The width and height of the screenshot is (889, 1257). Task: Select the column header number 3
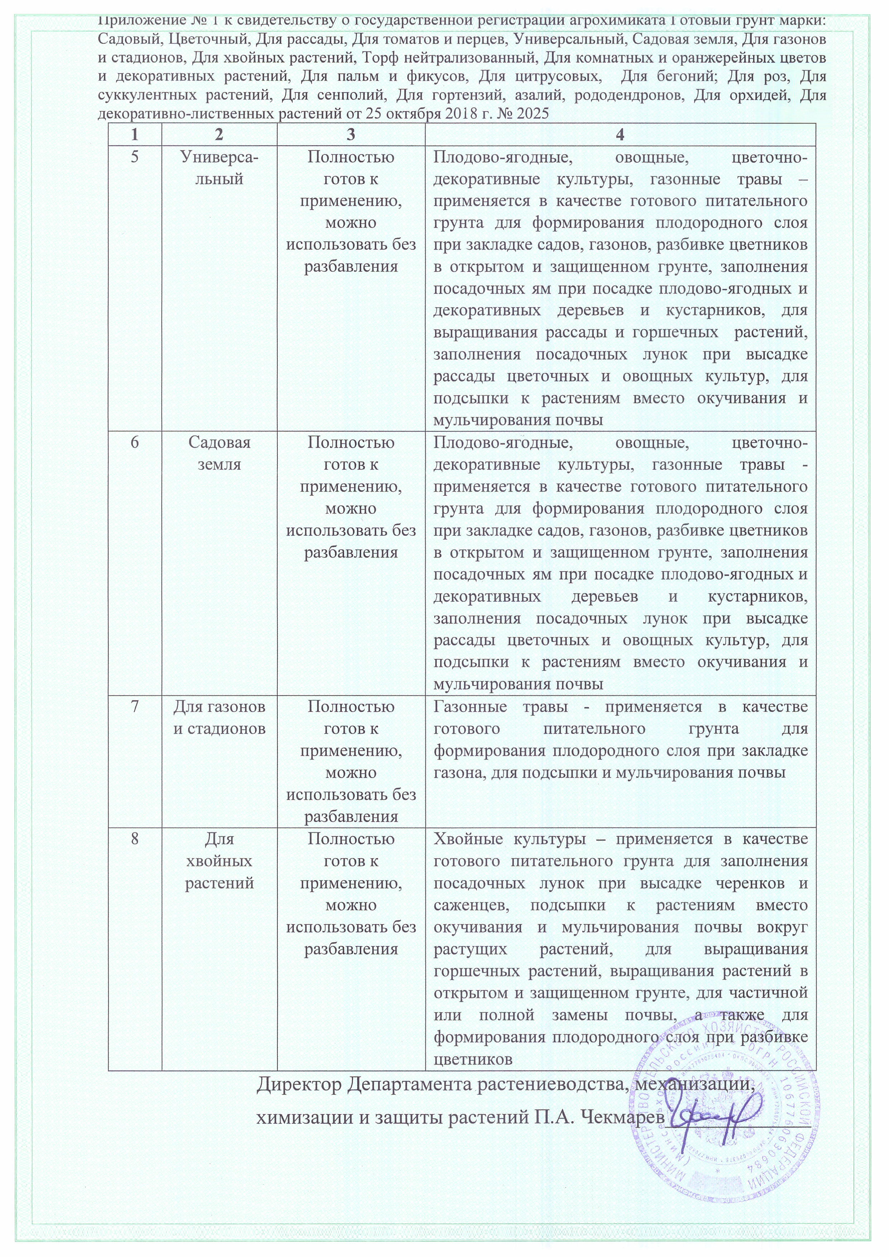350,135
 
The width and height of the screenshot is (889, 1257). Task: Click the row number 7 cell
135,707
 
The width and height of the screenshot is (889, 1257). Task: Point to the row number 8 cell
135,839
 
